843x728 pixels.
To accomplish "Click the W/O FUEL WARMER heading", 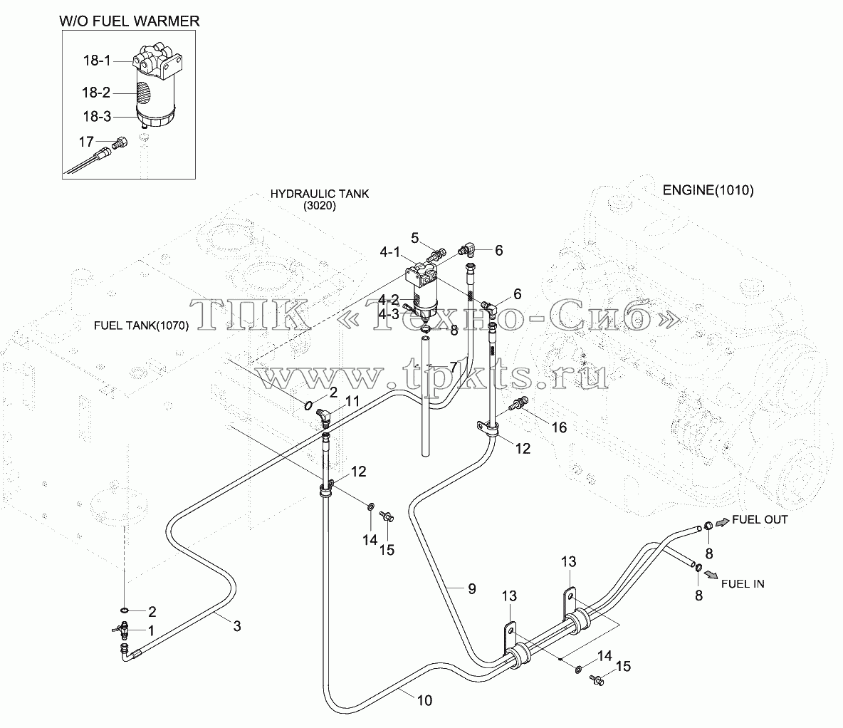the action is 129,21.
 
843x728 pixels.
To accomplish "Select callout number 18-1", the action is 97,61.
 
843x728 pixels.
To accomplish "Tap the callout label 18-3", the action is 97,116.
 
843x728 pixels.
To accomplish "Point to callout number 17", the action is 87,142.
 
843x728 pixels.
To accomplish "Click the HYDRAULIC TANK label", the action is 320,194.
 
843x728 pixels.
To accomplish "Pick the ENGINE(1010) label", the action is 708,190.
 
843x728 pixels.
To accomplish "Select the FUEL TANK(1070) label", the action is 142,326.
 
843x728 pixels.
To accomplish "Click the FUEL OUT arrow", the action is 723,521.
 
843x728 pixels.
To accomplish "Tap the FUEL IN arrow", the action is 711,575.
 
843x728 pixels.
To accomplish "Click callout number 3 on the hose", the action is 237,625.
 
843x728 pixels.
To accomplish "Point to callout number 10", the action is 425,700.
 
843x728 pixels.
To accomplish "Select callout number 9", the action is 472,588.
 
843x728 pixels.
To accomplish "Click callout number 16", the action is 559,427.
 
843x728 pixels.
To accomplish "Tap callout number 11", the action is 352,401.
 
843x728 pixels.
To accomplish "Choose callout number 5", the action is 414,238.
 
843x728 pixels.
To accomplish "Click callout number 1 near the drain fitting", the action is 151,630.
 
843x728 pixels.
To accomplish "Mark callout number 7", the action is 454,367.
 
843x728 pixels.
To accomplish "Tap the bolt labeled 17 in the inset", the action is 120,143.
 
